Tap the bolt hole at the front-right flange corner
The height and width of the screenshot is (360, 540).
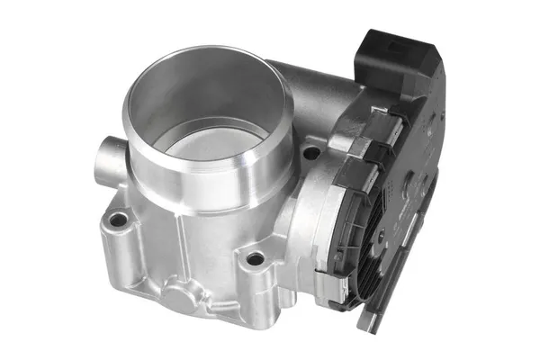(256, 259)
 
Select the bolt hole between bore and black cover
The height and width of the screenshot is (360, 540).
(310, 154)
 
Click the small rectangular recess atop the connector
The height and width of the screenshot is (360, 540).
(377, 40)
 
